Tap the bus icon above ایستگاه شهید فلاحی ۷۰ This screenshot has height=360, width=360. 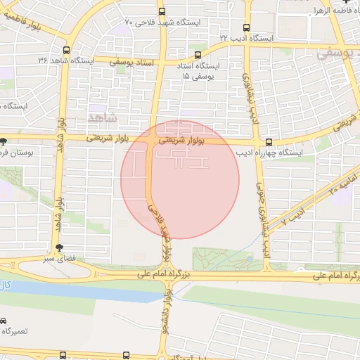coord(162,11)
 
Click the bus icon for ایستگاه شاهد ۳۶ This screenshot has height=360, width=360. coord(66,51)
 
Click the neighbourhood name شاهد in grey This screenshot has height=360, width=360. coord(101,113)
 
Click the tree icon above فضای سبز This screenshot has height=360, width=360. coord(59,247)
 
